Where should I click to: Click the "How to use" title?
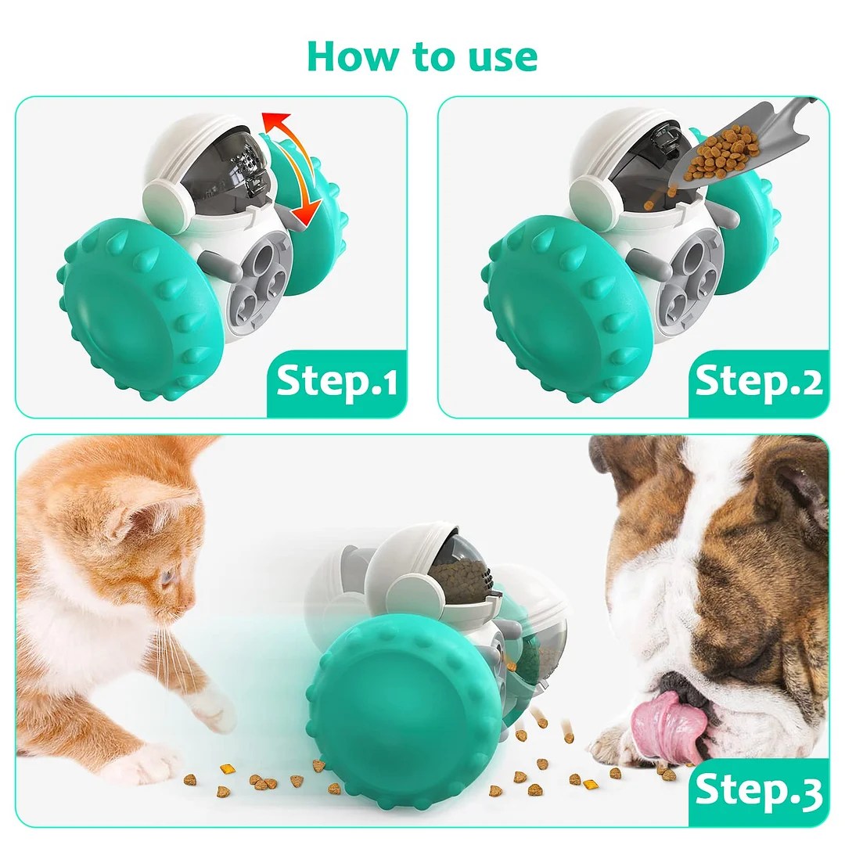pos(422,56)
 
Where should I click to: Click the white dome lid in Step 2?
pos(618,145)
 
